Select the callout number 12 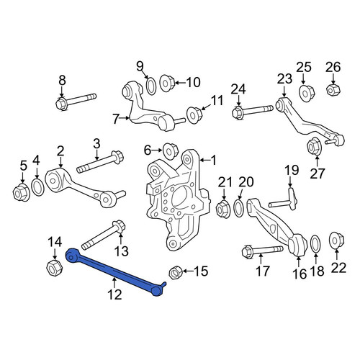(x=115, y=294)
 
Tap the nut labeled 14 (x=54, y=268)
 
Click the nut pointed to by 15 (x=176, y=272)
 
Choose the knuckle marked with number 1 (x=178, y=199)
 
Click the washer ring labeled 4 (x=37, y=186)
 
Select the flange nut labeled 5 (x=22, y=192)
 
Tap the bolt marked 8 (x=76, y=102)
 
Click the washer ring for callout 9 (x=151, y=86)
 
